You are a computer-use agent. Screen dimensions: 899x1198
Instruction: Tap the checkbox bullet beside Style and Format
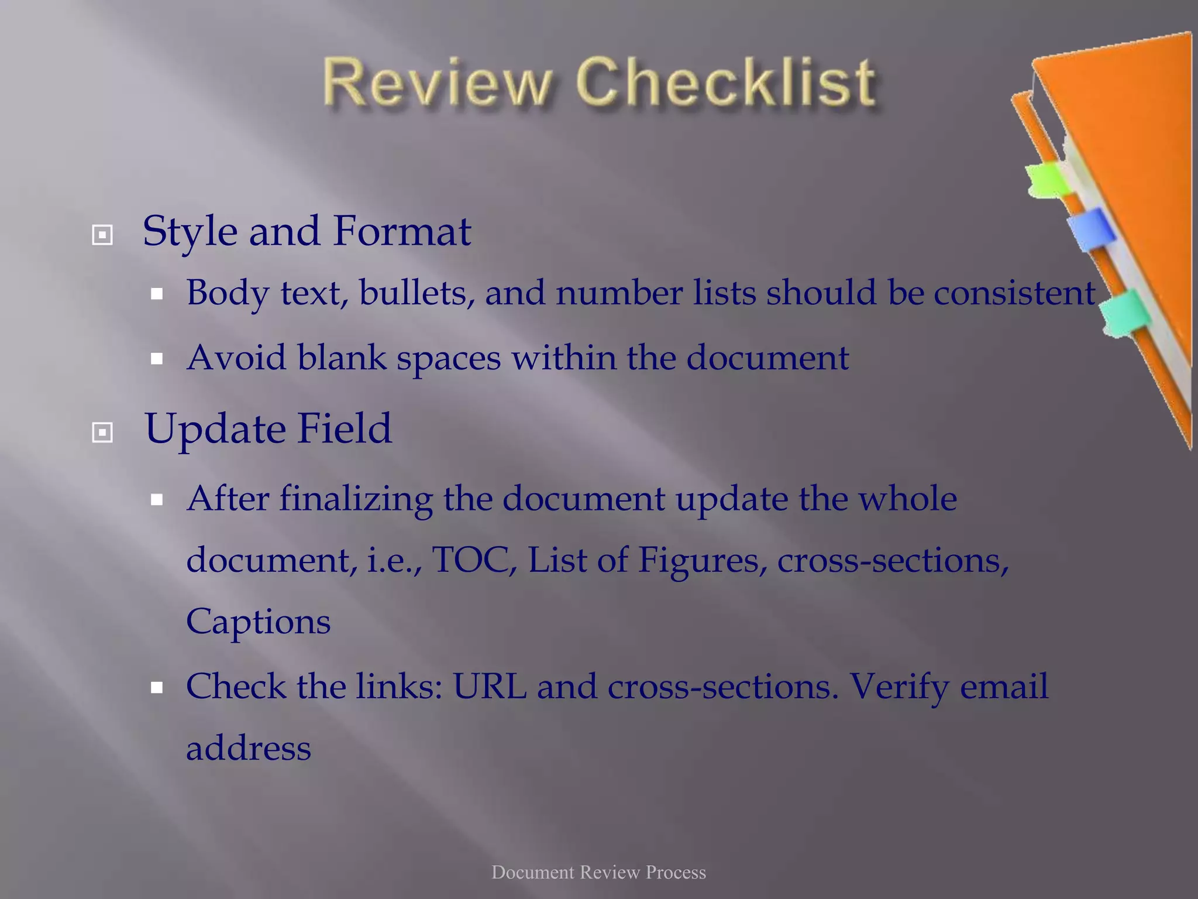tap(102, 235)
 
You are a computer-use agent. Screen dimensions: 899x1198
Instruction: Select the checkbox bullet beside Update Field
tap(102, 433)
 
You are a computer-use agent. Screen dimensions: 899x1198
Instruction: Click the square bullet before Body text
tap(156, 294)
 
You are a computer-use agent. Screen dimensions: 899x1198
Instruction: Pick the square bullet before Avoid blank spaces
tap(156, 359)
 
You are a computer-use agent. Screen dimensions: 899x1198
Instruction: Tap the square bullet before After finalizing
tap(156, 500)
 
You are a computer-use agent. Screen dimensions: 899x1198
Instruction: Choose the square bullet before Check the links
tap(156, 688)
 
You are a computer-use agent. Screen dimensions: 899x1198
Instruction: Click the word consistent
tap(1014, 293)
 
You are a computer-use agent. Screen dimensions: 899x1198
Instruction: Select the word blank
tap(342, 357)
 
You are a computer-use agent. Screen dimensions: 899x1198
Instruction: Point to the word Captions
tap(258, 622)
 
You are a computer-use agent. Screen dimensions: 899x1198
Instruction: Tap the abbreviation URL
tap(490, 687)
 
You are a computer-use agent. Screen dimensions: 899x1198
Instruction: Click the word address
tap(249, 749)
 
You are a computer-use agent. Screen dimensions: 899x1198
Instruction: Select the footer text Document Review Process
tap(598, 872)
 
